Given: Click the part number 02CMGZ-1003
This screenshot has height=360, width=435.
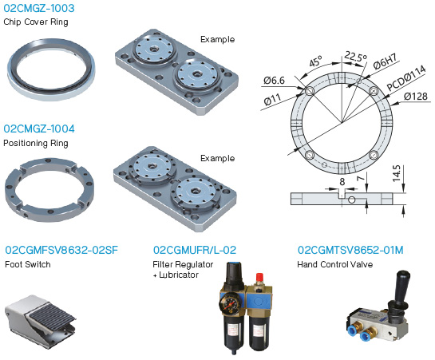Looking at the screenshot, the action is tap(39, 8).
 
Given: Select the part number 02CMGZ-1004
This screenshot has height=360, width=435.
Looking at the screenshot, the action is tap(39, 129).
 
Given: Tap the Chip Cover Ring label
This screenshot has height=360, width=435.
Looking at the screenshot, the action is tap(36, 22).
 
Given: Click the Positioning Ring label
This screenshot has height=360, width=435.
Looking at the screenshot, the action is tap(36, 143).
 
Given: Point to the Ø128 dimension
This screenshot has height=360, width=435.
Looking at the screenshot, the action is tap(416, 97).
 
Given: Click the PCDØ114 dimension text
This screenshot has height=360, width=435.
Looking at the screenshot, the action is tap(406, 78).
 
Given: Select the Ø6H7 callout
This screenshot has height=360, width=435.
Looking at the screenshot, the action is tap(385, 61).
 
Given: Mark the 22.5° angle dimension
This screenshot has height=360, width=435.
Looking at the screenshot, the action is tap(355, 57).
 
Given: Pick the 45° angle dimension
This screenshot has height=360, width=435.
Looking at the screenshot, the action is tap(315, 61).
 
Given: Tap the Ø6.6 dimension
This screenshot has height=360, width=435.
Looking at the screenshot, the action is tap(274, 81).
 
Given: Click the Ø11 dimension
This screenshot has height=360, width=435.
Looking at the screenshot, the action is tap(272, 100).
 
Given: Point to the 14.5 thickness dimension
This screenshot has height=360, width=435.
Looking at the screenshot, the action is tap(397, 173).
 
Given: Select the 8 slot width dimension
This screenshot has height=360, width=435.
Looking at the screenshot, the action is tap(342, 182).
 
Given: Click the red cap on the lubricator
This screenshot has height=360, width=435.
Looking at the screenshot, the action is tap(259, 277).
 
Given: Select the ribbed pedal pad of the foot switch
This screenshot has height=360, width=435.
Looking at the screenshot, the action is tap(49, 315).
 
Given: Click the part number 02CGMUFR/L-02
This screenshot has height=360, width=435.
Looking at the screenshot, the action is tap(195, 250).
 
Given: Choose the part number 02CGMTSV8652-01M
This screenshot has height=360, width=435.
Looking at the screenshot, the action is tap(350, 250).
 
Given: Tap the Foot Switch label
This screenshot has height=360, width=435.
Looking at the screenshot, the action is tap(28, 264).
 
